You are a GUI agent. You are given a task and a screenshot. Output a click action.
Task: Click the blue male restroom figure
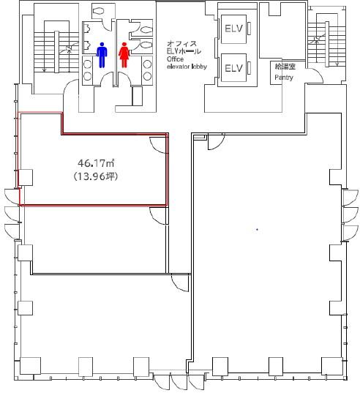(102, 55)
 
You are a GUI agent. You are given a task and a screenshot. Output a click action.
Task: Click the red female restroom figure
(124, 55)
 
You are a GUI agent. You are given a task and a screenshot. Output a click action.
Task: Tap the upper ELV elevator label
(233, 29)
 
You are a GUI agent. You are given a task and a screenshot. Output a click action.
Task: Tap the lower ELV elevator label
(233, 68)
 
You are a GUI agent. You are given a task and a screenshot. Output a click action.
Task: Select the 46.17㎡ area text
(96, 163)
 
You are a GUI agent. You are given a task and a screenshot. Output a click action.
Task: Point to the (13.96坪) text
(95, 176)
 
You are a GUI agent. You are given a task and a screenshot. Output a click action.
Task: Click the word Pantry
(284, 78)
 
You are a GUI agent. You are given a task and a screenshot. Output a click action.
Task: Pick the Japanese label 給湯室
(285, 67)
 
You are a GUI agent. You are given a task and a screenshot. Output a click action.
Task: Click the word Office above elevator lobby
(175, 59)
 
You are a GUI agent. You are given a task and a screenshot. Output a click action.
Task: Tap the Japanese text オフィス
(182, 44)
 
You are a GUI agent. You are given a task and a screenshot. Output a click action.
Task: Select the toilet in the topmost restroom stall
(100, 11)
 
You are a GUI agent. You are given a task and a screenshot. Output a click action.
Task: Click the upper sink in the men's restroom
(87, 64)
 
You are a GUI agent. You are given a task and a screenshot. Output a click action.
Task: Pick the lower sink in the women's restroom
(147, 75)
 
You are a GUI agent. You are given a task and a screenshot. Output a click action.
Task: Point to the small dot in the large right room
(257, 229)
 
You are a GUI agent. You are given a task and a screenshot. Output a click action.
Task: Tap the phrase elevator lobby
(187, 67)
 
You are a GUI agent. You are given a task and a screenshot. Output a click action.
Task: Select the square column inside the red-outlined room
(26, 177)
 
